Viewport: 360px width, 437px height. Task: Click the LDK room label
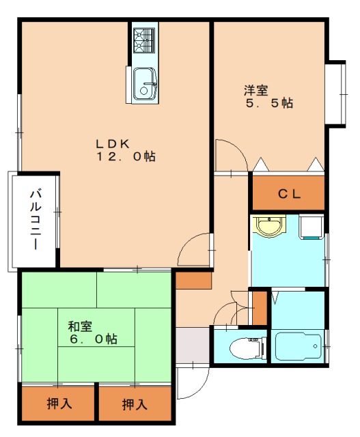[x=112, y=143]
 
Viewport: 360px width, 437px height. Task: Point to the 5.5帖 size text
[x=269, y=104]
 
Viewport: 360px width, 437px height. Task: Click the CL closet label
[x=288, y=194]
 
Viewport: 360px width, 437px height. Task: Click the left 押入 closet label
[x=59, y=404]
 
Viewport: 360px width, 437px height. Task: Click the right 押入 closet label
[x=134, y=404]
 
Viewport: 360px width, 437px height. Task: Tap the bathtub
[x=298, y=346]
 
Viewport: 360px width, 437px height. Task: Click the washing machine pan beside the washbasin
[x=311, y=226]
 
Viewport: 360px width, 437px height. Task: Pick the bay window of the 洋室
[x=335, y=94]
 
